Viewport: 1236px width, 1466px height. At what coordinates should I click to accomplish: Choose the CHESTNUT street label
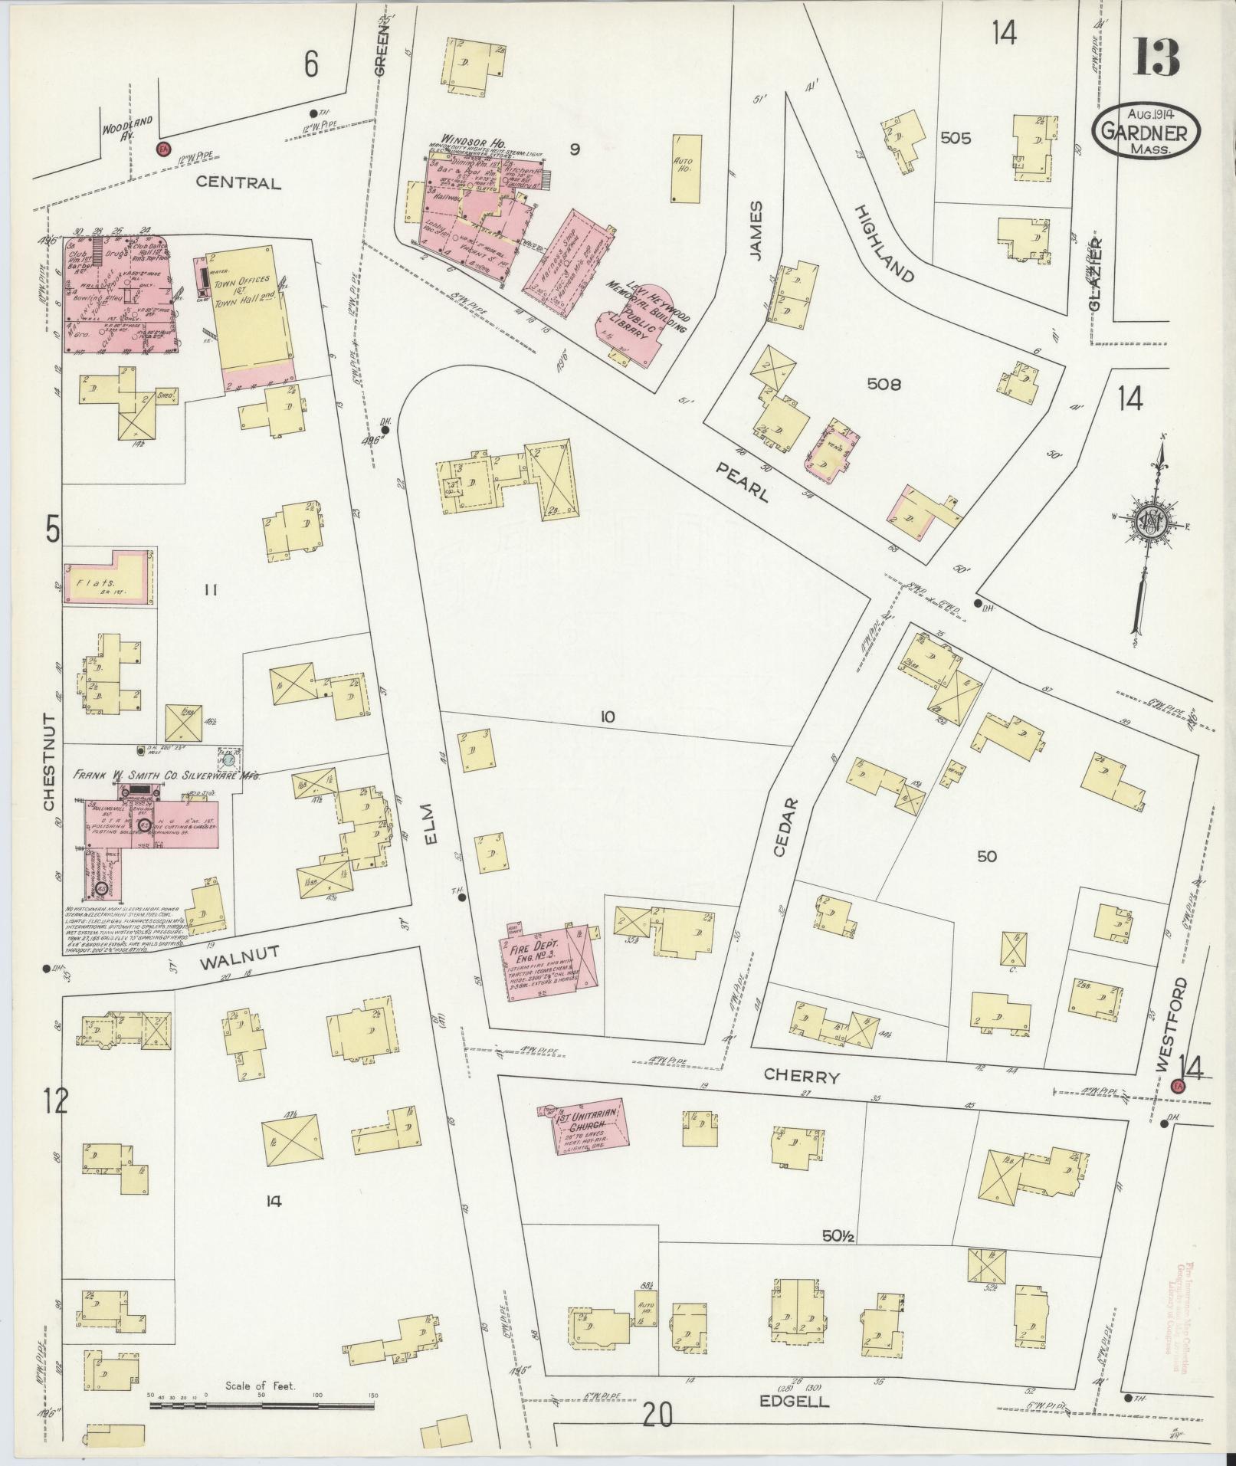coord(48,763)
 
